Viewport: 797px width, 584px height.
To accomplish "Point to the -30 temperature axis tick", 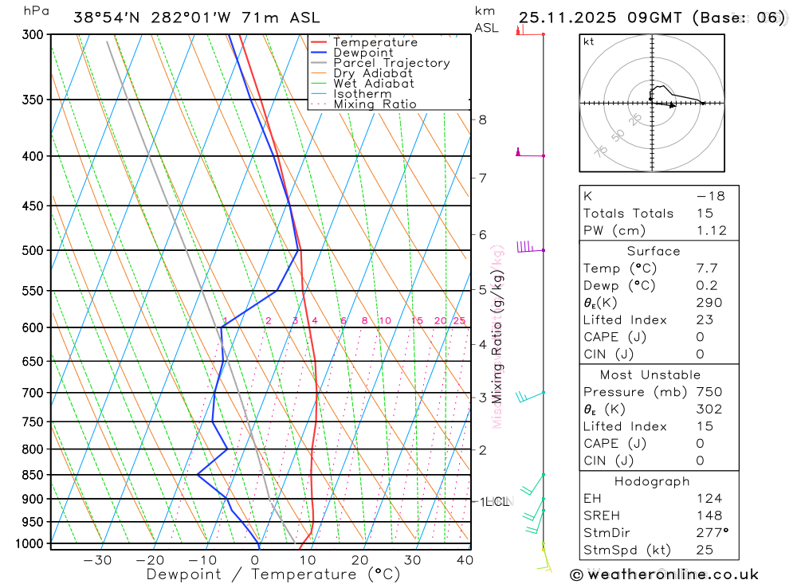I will (97, 560).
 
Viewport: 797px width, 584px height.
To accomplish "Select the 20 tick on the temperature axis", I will (359, 560).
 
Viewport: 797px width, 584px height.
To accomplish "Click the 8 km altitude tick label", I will (482, 120).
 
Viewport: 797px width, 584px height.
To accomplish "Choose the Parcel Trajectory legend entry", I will (391, 63).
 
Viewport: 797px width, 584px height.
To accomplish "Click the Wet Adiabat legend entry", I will (374, 84).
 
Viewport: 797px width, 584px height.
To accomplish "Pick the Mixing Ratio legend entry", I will (375, 104).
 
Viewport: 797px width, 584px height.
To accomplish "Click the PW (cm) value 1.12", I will (712, 230).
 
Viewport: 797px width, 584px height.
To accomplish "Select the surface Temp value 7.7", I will (707, 268).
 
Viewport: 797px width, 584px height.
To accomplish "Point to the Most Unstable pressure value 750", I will (709, 392).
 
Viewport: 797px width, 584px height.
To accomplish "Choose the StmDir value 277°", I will (711, 534).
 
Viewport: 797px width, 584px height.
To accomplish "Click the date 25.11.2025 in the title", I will (565, 18).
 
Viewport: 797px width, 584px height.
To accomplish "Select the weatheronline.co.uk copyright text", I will (664, 574).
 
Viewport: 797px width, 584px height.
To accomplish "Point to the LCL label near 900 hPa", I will (497, 502).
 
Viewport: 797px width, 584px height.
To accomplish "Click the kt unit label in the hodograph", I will (589, 41).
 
